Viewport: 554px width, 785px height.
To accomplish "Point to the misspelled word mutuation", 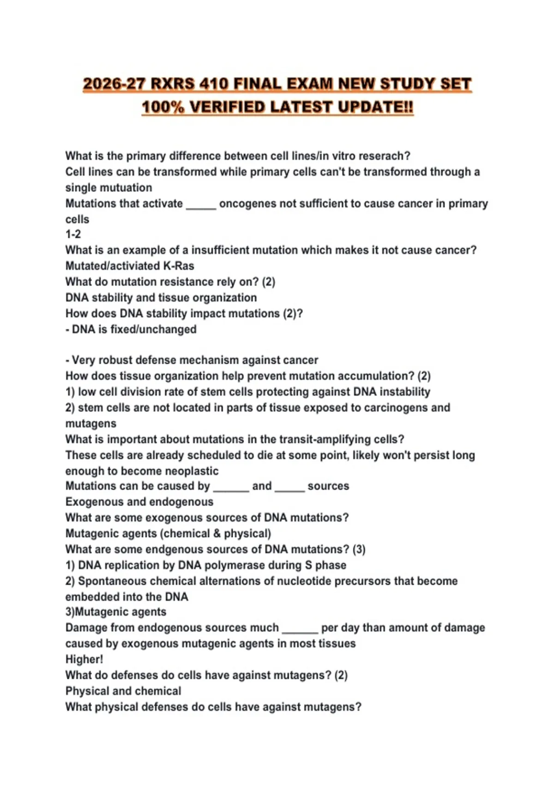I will tap(128, 188).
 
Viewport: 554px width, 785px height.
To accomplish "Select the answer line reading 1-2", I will tap(73, 235).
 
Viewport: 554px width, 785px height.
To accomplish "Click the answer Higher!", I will tap(84, 659).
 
